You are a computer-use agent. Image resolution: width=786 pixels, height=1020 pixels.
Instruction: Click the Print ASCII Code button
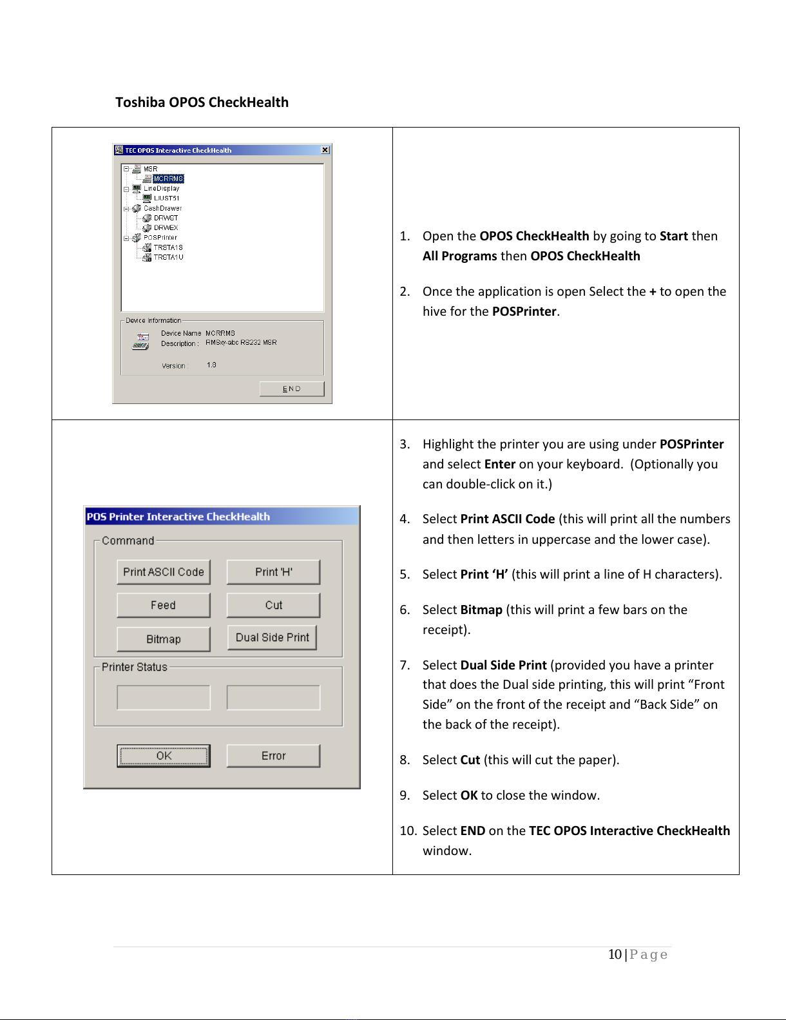click(x=163, y=572)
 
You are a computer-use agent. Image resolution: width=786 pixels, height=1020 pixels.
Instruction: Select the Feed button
click(x=163, y=605)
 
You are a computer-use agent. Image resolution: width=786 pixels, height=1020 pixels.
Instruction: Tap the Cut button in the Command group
click(x=274, y=605)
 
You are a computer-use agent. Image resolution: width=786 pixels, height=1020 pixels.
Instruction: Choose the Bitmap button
click(x=163, y=639)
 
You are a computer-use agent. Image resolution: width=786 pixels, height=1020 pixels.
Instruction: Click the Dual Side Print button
click(x=272, y=637)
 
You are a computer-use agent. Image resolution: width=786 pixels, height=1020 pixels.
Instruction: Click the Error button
click(x=274, y=756)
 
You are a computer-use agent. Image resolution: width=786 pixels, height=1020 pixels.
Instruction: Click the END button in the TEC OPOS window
click(x=292, y=389)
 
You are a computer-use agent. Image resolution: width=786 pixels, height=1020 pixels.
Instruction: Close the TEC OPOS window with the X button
click(x=325, y=149)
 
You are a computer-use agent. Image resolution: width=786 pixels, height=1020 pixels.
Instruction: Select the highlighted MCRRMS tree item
click(x=168, y=178)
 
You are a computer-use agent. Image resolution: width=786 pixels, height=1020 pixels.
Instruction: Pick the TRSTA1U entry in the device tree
click(x=168, y=257)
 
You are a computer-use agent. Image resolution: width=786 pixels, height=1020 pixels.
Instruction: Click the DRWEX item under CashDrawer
click(x=166, y=227)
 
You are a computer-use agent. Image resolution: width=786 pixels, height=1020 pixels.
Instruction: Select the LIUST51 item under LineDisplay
click(x=167, y=198)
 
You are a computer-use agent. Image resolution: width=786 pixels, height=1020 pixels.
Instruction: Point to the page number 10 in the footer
click(x=615, y=954)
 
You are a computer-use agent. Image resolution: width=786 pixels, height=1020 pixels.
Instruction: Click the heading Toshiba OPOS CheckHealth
click(x=202, y=102)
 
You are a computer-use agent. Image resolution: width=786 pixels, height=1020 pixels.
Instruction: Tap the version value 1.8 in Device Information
click(x=211, y=365)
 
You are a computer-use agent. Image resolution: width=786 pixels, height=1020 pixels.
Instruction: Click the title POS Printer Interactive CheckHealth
click(x=178, y=516)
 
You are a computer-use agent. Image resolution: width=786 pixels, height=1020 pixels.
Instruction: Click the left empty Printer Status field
click(x=163, y=698)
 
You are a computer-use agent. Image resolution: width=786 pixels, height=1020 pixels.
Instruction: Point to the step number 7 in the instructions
click(x=404, y=665)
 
